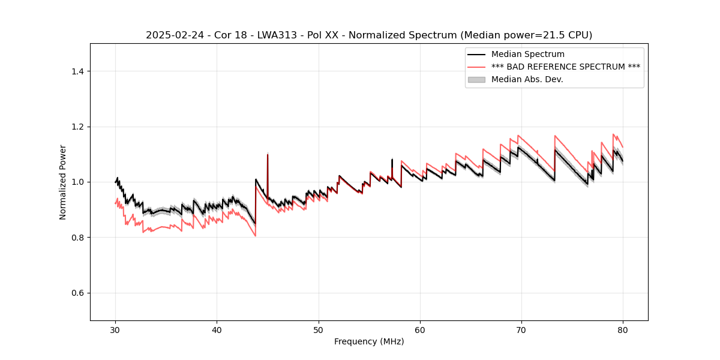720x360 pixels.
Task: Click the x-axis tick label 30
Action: (x=115, y=330)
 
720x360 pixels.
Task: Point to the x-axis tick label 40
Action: (x=217, y=330)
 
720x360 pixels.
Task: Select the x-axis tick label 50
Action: (x=318, y=330)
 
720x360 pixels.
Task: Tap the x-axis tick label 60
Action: (x=420, y=330)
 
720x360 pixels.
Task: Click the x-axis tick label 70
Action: (x=521, y=330)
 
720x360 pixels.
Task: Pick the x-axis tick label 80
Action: (x=623, y=330)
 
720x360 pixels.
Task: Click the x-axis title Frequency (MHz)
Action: (x=369, y=341)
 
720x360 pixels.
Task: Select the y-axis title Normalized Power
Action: (x=63, y=182)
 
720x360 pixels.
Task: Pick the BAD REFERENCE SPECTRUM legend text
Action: (x=565, y=67)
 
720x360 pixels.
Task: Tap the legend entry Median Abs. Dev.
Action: (x=527, y=79)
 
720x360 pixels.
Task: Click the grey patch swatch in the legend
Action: (x=476, y=79)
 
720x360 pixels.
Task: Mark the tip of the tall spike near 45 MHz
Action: (x=268, y=154)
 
